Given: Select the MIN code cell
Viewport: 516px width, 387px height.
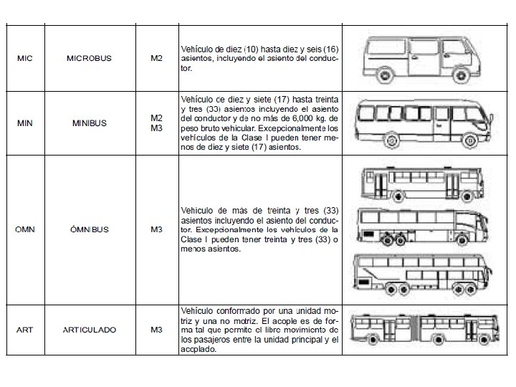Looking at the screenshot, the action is coord(25,123).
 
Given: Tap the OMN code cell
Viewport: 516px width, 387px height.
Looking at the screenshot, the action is coord(25,230).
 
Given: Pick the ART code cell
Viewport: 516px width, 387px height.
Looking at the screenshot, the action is coord(25,330).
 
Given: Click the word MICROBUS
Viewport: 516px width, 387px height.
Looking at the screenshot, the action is coord(89,59).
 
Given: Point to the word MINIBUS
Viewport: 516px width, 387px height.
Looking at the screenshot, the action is coord(90,123).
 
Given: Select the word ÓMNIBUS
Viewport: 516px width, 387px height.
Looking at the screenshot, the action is coord(90,230).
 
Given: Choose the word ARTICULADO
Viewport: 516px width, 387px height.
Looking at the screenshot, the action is coord(90,330).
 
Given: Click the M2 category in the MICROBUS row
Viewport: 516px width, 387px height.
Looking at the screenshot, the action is coord(157,59).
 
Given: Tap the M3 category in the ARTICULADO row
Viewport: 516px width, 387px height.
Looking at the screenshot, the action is coord(157,330).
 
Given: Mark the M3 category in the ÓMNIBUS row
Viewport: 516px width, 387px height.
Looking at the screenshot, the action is coord(157,230).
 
